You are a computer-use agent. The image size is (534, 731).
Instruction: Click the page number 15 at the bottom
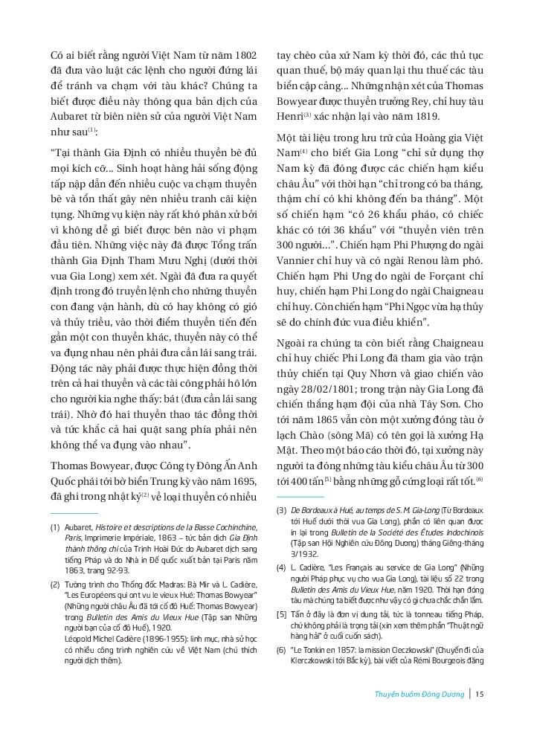(480, 695)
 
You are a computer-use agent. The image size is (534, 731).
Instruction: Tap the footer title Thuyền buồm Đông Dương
(421, 695)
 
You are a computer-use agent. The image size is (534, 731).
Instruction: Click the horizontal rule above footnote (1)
(74, 513)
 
